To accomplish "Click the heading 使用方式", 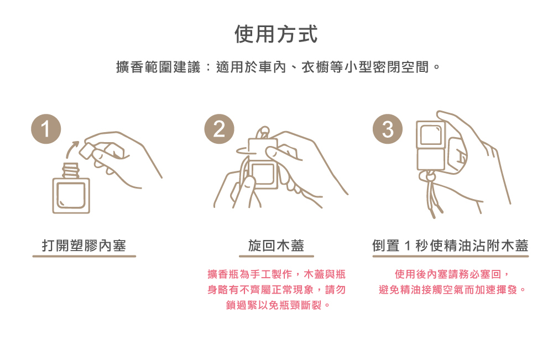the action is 276,34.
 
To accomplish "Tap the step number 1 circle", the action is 46,129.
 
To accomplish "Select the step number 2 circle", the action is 219,129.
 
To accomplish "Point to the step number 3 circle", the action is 388,129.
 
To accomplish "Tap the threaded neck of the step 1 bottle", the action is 71,170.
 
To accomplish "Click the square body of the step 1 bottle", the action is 71,196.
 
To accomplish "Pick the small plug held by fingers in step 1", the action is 87,150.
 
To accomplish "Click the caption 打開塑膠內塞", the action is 84,246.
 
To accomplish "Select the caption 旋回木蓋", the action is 276,246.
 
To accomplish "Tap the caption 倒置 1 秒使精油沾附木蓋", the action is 450,246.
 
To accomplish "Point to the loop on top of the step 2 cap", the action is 263,133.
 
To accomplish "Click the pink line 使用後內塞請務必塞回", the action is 448,274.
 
